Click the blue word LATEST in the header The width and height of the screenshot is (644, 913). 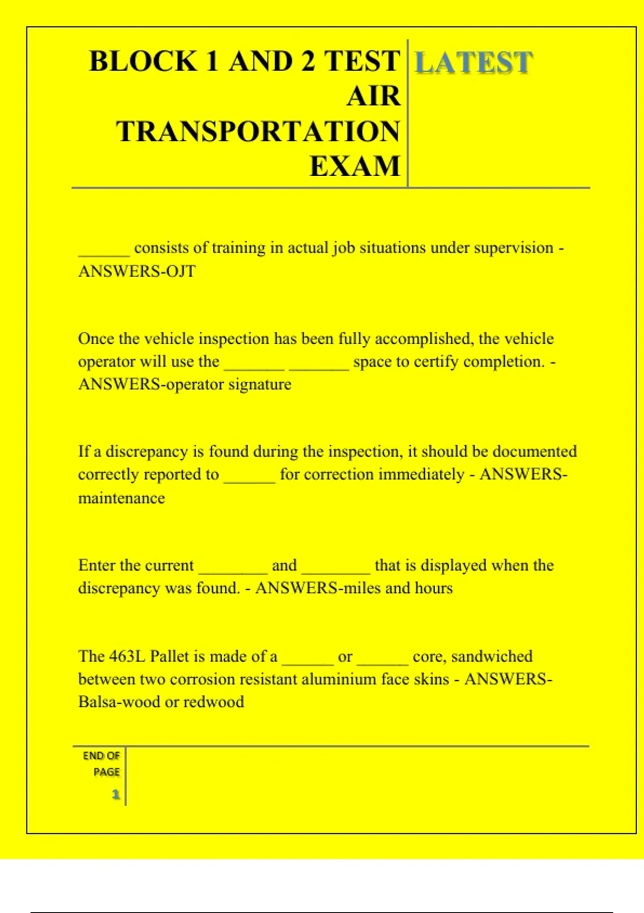click(473, 62)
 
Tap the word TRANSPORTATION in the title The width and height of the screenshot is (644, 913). click(258, 132)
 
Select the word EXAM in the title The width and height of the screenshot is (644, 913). click(355, 166)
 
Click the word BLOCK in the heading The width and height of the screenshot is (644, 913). click(143, 61)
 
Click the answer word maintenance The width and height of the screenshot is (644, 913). click(121, 498)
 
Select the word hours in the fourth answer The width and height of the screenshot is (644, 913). click(434, 588)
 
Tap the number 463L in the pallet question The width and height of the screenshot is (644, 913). click(127, 656)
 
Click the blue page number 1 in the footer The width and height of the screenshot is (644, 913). click(115, 794)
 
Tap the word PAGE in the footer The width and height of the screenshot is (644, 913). click(106, 772)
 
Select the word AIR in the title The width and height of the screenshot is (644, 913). click(374, 97)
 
